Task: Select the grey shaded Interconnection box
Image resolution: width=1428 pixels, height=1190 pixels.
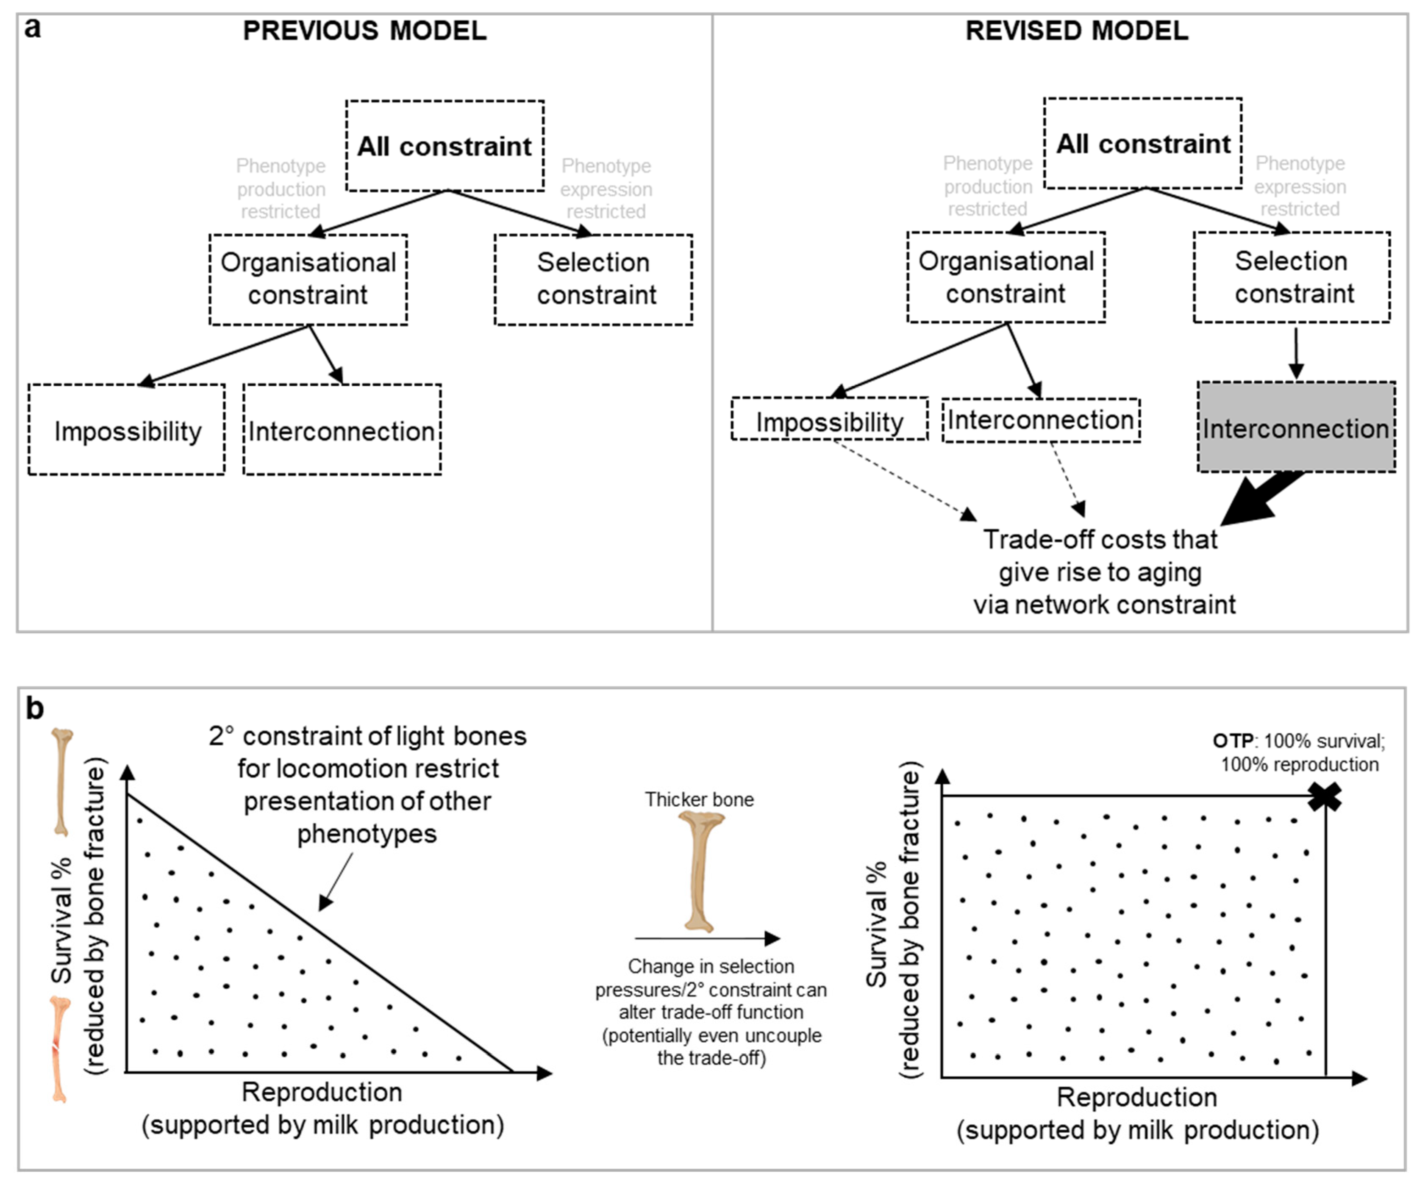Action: [1295, 427]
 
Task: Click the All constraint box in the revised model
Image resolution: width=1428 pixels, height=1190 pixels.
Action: [1142, 144]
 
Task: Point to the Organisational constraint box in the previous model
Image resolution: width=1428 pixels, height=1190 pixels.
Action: [308, 280]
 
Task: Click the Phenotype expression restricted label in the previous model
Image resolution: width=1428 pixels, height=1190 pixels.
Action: [606, 189]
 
